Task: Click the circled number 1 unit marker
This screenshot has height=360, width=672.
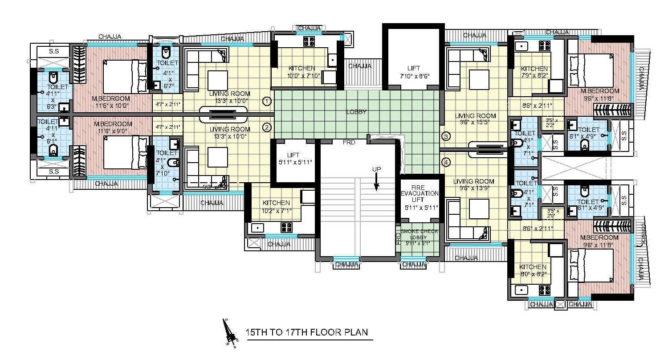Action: pyautogui.click(x=267, y=101)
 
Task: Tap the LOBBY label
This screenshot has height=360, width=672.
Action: pyautogui.click(x=356, y=112)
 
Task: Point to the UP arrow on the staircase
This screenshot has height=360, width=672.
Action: pyautogui.click(x=376, y=180)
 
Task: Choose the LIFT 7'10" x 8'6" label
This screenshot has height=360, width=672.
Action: pyautogui.click(x=413, y=72)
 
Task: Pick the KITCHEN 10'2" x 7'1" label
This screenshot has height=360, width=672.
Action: pyautogui.click(x=276, y=206)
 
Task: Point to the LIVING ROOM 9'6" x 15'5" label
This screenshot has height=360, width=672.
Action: pyautogui.click(x=475, y=119)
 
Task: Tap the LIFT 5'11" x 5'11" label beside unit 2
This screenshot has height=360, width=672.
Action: pyautogui.click(x=293, y=159)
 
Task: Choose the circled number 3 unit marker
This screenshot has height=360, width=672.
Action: pyautogui.click(x=446, y=136)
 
